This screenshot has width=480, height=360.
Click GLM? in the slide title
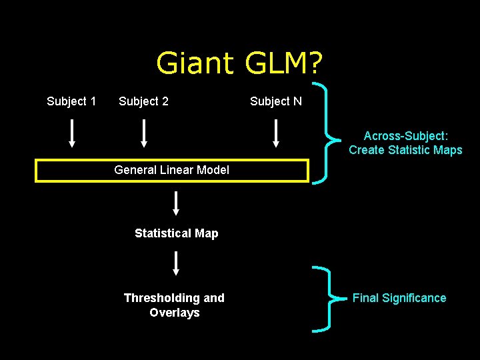click(x=283, y=64)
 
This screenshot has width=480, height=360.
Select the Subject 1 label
click(x=71, y=101)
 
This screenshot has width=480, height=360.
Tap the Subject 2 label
click(x=143, y=101)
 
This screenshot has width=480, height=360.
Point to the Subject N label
click(x=275, y=101)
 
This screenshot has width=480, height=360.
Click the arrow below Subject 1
click(x=72, y=133)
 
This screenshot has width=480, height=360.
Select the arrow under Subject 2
click(x=143, y=133)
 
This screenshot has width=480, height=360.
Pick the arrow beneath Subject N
click(x=275, y=133)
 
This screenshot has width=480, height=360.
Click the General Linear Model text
click(x=171, y=170)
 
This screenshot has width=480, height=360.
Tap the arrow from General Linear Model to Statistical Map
click(x=176, y=203)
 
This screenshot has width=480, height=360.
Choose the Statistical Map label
click(x=176, y=233)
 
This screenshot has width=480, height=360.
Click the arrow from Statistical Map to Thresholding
click(x=176, y=263)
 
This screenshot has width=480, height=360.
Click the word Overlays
click(x=175, y=313)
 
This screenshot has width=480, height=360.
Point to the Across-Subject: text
click(x=405, y=135)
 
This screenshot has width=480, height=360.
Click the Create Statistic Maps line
click(x=405, y=150)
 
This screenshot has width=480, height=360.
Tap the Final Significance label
click(x=399, y=298)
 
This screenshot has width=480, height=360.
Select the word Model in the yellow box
click(x=213, y=170)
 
